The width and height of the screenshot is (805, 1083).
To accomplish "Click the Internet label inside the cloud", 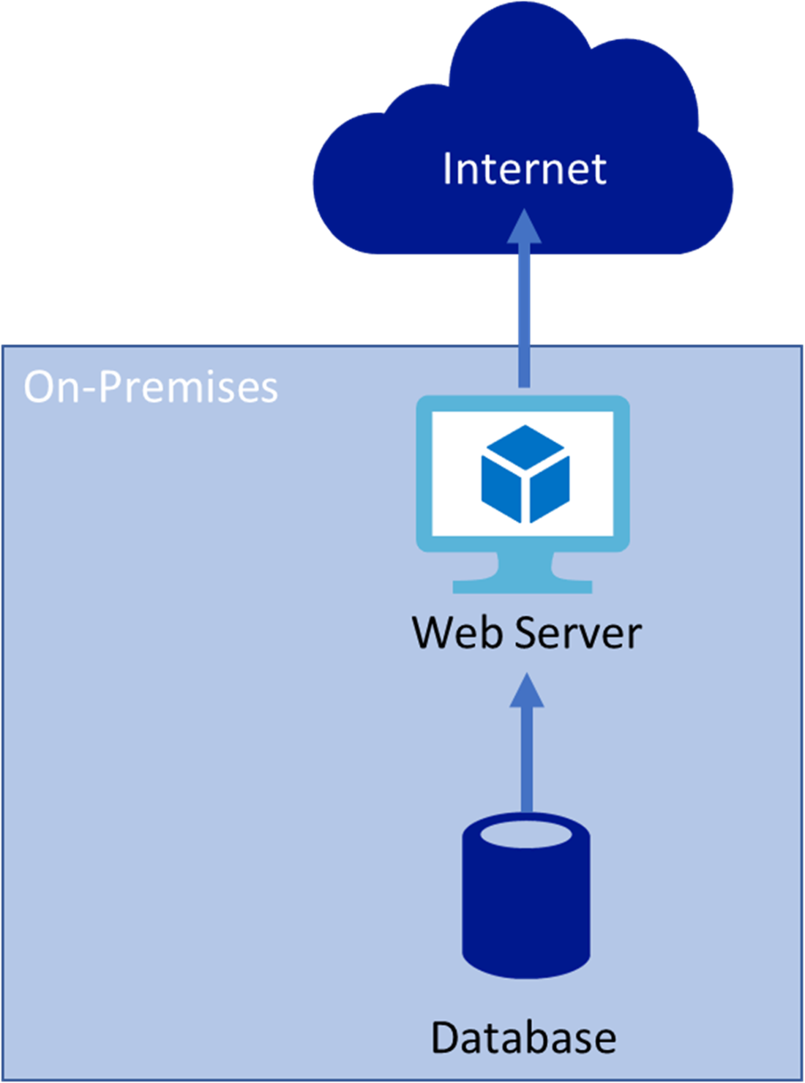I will [524, 169].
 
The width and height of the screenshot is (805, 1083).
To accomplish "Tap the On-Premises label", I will [151, 387].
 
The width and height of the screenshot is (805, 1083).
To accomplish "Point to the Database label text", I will [523, 1037].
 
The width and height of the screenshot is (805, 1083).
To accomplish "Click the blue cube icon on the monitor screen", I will [525, 474].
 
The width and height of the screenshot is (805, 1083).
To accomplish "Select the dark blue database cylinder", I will [526, 907].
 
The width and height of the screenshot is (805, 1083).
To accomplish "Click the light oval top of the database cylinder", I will [526, 834].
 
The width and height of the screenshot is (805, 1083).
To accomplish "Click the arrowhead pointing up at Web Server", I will [527, 691].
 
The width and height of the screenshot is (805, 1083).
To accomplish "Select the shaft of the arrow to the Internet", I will [525, 315].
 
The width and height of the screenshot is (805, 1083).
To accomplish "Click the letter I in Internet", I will [448, 169].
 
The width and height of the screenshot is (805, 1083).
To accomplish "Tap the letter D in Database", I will [445, 1037].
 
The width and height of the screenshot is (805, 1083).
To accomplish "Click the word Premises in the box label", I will [189, 387].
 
